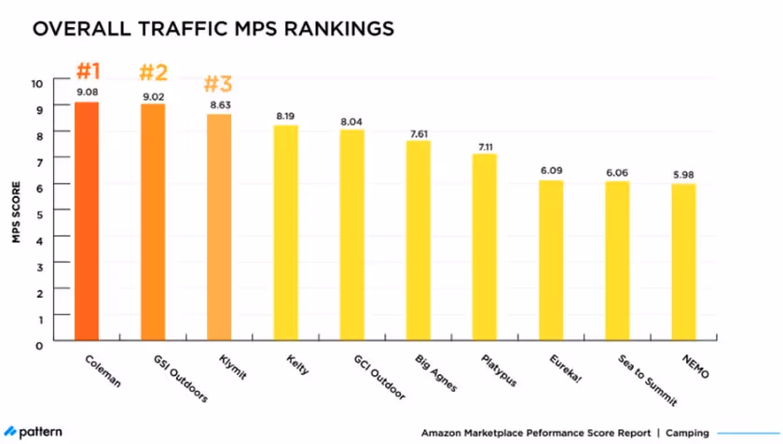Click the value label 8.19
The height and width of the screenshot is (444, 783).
285,116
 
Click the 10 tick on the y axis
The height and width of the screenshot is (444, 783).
37,83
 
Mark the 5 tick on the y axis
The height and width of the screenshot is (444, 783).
40,214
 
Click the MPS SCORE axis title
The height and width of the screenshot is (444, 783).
16,213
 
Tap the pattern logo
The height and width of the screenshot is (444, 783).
35,431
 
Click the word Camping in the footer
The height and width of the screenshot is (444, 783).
686,433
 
